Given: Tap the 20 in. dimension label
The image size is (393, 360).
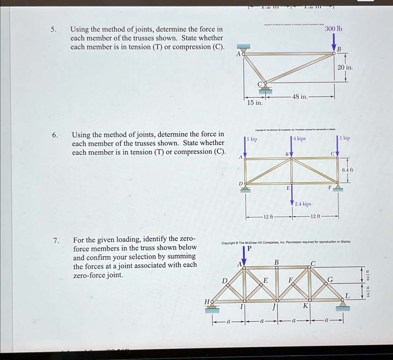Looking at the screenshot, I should click(345, 68).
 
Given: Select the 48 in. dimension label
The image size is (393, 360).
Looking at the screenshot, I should click(300, 96).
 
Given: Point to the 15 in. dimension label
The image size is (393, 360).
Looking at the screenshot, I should click(254, 103).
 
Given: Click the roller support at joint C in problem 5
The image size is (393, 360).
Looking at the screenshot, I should click(265, 89).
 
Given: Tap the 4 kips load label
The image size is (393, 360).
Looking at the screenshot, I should click(299, 139).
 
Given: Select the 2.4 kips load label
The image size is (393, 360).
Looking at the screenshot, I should click(303, 204).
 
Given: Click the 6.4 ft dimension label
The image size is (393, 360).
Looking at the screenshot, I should click(347, 170).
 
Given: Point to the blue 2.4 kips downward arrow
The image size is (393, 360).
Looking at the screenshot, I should click(292, 194).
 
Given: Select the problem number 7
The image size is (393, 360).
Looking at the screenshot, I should click(56, 241).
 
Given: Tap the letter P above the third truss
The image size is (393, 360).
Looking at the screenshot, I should click(249, 248).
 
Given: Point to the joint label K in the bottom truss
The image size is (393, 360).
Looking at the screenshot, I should click(305, 306).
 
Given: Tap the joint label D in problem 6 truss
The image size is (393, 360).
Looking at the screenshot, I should click(241, 184).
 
